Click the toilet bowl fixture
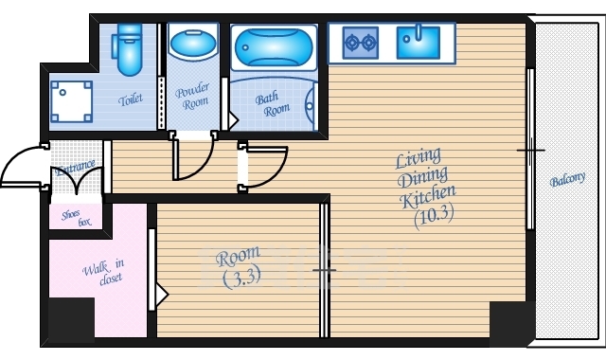[128, 49]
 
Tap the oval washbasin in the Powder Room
[193, 45]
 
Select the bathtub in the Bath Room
[274, 47]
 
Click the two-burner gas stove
[360, 43]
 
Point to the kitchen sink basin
[419, 42]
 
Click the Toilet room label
[131, 99]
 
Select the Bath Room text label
[272, 104]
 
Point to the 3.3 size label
[242, 278]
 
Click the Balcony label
[567, 179]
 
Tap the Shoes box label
[76, 218]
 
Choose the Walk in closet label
[103, 272]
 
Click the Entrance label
[75, 168]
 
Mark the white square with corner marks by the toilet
[72, 101]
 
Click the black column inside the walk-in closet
[71, 319]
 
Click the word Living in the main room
[418, 158]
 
